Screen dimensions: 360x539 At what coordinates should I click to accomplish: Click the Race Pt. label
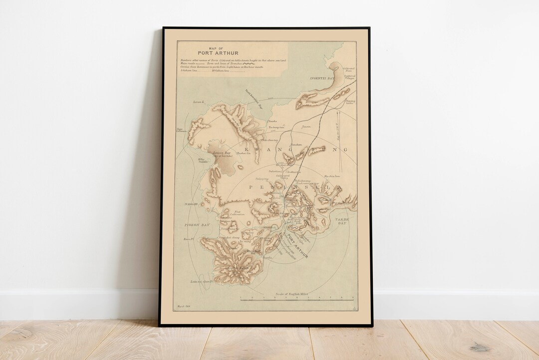point(188,239)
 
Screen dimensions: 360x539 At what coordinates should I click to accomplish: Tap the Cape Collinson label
point(180,130)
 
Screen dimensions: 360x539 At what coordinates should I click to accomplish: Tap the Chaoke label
point(272,121)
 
